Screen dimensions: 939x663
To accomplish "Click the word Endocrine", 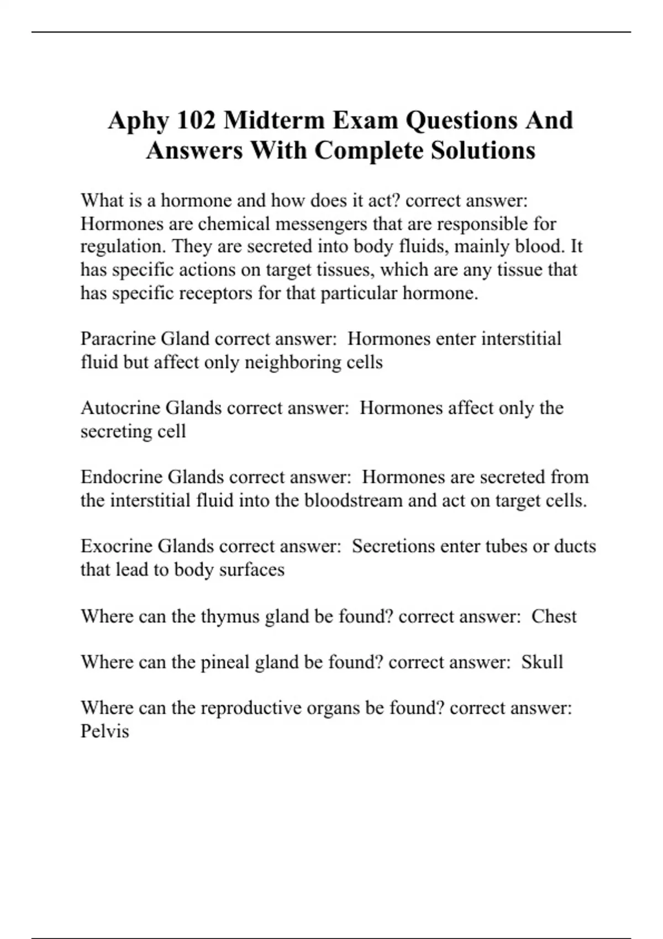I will point(122,477).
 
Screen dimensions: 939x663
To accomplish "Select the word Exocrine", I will point(116,546).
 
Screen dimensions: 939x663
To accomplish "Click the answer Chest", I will point(554,616).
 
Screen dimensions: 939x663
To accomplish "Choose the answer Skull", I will point(542,662).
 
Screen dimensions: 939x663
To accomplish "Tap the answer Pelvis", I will point(105,731).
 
